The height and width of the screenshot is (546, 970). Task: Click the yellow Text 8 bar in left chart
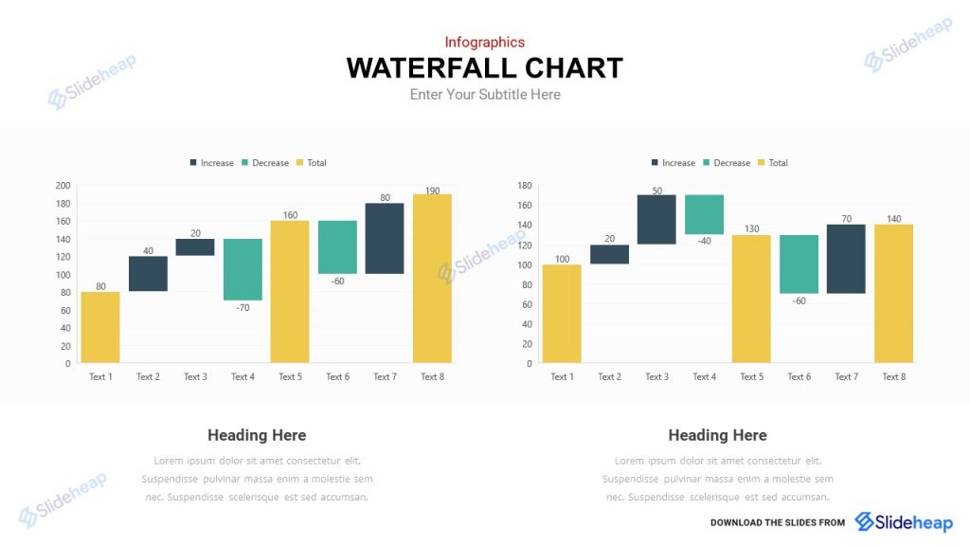click(432, 278)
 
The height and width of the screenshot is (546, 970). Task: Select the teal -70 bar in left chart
click(242, 269)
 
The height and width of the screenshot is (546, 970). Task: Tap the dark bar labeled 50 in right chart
click(656, 219)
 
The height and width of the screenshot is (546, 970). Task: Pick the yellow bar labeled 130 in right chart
click(751, 299)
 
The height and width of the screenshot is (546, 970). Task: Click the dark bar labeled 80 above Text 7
click(385, 238)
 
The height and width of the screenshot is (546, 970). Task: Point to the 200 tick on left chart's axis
click(63, 185)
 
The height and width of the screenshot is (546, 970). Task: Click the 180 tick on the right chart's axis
click(524, 185)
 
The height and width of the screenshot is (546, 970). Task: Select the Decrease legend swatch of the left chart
click(245, 163)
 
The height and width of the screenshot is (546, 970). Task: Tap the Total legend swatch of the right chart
click(762, 163)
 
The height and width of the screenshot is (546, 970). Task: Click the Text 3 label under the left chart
click(195, 377)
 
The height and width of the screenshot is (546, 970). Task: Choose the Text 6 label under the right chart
click(799, 377)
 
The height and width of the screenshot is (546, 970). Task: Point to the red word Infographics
click(484, 42)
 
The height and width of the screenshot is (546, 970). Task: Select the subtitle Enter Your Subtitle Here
click(485, 95)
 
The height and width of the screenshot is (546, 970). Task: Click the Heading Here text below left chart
click(257, 435)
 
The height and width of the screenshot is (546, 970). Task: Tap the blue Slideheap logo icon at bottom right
click(864, 521)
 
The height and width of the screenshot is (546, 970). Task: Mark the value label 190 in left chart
click(432, 191)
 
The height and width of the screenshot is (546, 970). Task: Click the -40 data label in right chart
click(704, 241)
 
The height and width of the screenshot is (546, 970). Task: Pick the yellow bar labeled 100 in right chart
click(562, 313)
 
